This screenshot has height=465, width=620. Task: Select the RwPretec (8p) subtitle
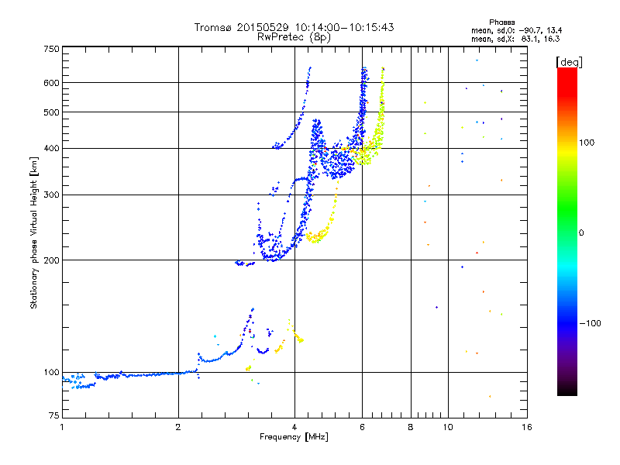pyautogui.click(x=295, y=36)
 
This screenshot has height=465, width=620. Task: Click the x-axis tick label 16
pyautogui.click(x=526, y=427)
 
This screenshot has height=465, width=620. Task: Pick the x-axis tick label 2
pyautogui.click(x=178, y=427)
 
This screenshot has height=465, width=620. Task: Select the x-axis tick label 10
pyautogui.click(x=447, y=427)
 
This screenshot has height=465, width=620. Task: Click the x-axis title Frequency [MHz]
pyautogui.click(x=294, y=437)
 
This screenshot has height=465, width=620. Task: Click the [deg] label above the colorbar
pyautogui.click(x=569, y=61)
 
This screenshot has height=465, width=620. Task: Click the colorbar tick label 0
pyautogui.click(x=584, y=232)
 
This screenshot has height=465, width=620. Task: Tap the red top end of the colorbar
pyautogui.click(x=567, y=71)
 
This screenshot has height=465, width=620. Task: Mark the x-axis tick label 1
pyautogui.click(x=62, y=427)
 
